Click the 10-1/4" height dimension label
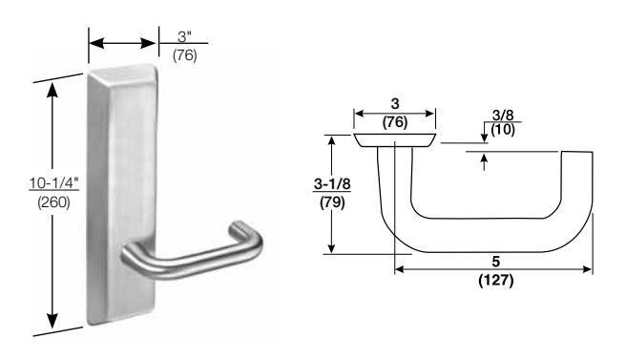coord(54,183)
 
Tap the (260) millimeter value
coord(53,202)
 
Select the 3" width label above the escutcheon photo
coord(185,37)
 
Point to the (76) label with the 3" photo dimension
coord(185,55)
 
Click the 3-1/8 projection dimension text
coord(332,184)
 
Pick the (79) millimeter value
coord(332,202)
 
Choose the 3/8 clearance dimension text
coord(503,116)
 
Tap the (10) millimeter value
coord(503,130)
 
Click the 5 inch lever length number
coord(496,262)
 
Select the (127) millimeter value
coord(496,280)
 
